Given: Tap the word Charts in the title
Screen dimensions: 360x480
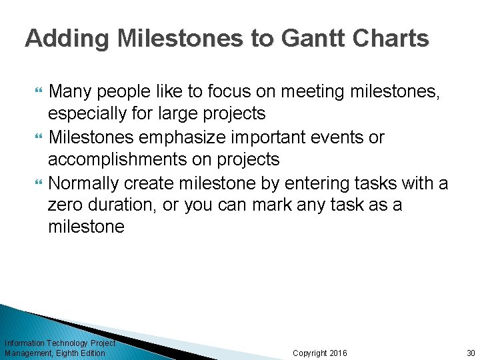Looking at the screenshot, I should [x=392, y=38].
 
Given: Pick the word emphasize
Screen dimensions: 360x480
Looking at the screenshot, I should [x=194, y=137].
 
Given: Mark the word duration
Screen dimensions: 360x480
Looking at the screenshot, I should [x=125, y=205].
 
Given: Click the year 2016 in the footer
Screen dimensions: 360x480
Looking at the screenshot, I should [x=337, y=353].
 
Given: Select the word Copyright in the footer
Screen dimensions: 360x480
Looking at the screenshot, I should [x=310, y=353].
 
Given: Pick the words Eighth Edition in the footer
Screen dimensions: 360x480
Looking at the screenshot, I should [x=81, y=353].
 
